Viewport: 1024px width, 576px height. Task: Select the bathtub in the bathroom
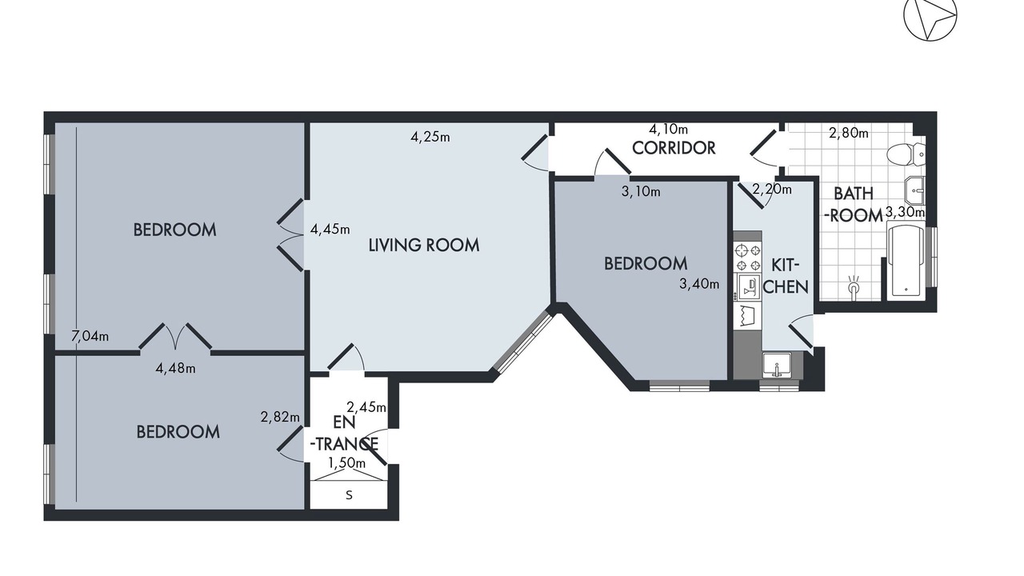coord(906,261)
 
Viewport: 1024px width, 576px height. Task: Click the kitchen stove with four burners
coord(747,258)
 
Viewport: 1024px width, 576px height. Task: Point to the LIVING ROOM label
coord(424,246)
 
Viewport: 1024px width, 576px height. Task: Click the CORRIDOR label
coord(674,148)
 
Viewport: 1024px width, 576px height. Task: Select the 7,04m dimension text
coord(90,337)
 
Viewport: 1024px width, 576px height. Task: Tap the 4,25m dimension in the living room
coord(430,137)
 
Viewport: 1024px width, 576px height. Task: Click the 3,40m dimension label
coord(699,284)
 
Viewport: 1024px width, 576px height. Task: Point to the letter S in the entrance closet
coord(350,495)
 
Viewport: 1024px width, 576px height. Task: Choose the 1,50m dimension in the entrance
coord(347,463)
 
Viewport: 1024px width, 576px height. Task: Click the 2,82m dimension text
coord(280,417)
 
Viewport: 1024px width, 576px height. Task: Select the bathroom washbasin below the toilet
coord(914,190)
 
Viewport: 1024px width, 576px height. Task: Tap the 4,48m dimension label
coord(175,368)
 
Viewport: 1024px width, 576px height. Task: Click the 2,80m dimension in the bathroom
coord(849,133)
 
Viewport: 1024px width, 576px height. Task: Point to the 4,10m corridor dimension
coord(668,130)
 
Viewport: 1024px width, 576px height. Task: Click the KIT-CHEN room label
coord(786,276)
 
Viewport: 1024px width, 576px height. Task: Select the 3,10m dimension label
coord(641,191)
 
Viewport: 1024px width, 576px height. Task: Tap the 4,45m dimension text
coord(330,229)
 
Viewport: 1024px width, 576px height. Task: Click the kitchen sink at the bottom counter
coord(777,365)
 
